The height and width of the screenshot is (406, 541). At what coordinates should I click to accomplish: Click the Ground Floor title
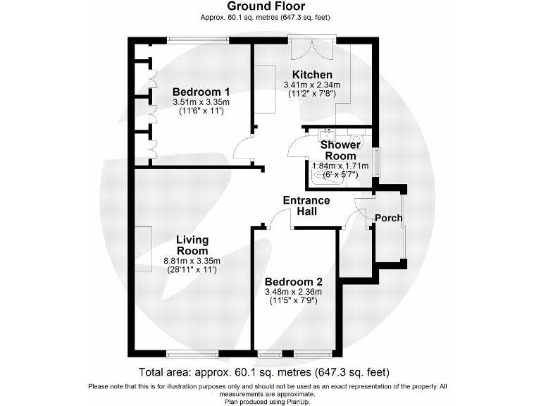pos(266,6)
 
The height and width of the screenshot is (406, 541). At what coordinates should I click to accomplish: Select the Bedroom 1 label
pos(201,92)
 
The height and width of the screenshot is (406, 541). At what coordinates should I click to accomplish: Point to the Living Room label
pos(192,245)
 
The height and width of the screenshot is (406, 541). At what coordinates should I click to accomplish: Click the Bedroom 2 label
pos(294,281)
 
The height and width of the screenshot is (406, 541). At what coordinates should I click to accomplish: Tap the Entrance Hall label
pos(306,206)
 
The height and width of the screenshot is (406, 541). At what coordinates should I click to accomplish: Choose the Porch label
pos(389,219)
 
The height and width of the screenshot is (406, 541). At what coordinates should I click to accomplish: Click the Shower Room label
pos(340,150)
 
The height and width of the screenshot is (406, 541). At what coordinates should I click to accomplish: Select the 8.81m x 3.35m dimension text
pos(192,261)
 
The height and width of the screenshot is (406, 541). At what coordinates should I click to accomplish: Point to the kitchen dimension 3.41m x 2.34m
pos(312,85)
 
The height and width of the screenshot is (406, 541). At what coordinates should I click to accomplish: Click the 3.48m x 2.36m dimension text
pos(293,292)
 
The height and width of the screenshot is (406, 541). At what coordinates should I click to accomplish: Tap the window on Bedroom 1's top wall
pos(198,40)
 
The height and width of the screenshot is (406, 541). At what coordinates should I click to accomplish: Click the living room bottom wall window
pos(192,354)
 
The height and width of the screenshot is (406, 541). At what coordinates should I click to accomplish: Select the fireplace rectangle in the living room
pos(144,249)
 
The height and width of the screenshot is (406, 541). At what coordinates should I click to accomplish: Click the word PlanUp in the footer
pos(299,402)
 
